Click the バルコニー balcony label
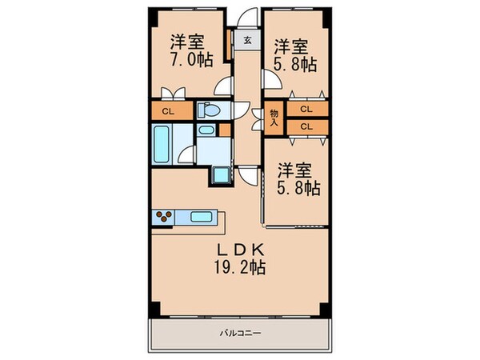click(240, 332)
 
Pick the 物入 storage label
click(274, 118)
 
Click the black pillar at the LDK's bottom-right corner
click(324, 310)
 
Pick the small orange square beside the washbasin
click(225, 130)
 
